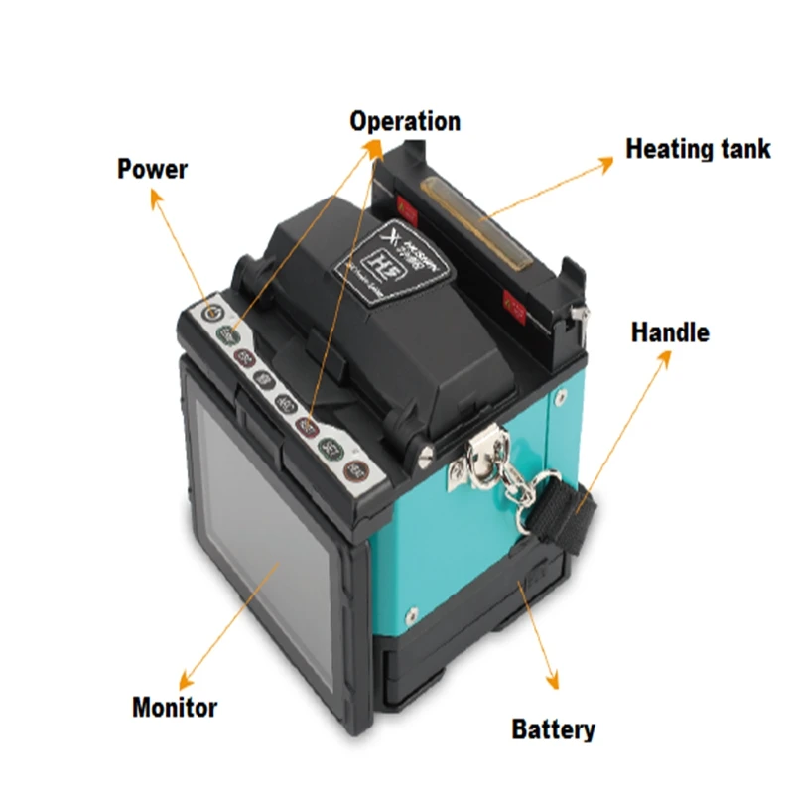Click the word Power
[x=152, y=168]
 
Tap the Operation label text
[x=405, y=121]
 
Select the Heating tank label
[x=698, y=149]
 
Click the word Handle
[x=670, y=331]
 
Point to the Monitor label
[x=175, y=708]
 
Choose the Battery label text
[x=554, y=730]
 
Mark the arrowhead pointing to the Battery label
[x=552, y=686]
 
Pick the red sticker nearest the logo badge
[x=405, y=208]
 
